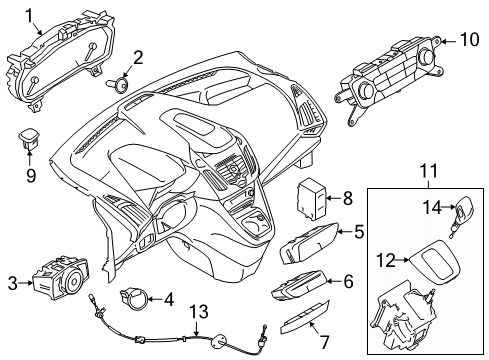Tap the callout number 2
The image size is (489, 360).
tap(138, 57)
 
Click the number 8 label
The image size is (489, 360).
tap(347, 198)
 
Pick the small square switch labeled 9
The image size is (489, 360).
tap(30, 137)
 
